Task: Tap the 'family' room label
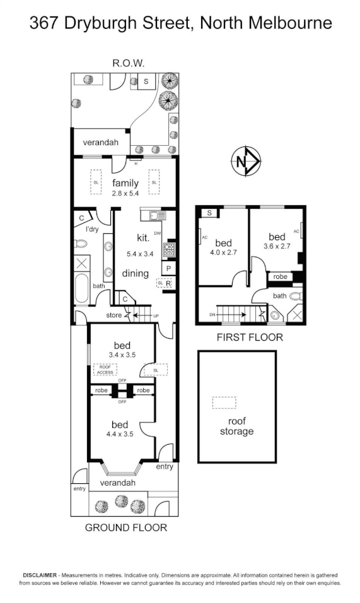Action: point(125,184)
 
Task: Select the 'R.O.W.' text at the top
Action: point(128,63)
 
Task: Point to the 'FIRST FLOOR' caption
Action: point(250,337)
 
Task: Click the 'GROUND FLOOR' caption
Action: point(126,527)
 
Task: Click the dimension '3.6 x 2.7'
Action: point(277,246)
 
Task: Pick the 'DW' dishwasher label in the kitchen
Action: point(158,233)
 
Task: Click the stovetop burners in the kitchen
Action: point(169,251)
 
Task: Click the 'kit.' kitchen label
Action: point(143,238)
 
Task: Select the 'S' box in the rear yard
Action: point(146,81)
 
